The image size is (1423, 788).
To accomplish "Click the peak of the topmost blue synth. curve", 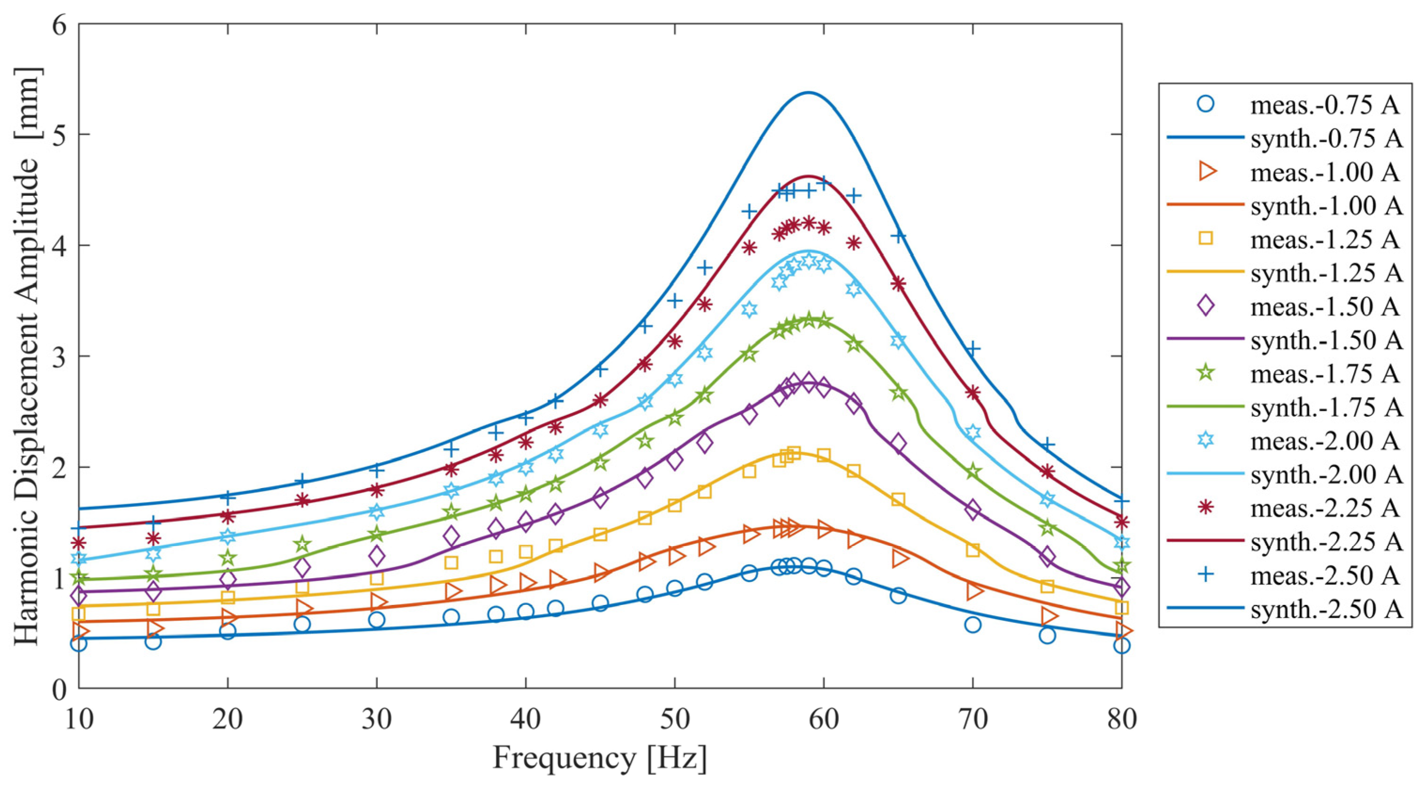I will [808, 93].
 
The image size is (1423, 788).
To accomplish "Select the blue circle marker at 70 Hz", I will [973, 625].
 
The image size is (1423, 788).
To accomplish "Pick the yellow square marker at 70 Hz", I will [973, 550].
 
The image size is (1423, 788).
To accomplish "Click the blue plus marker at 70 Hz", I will [973, 349].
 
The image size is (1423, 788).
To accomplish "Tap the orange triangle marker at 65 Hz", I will [898, 559].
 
